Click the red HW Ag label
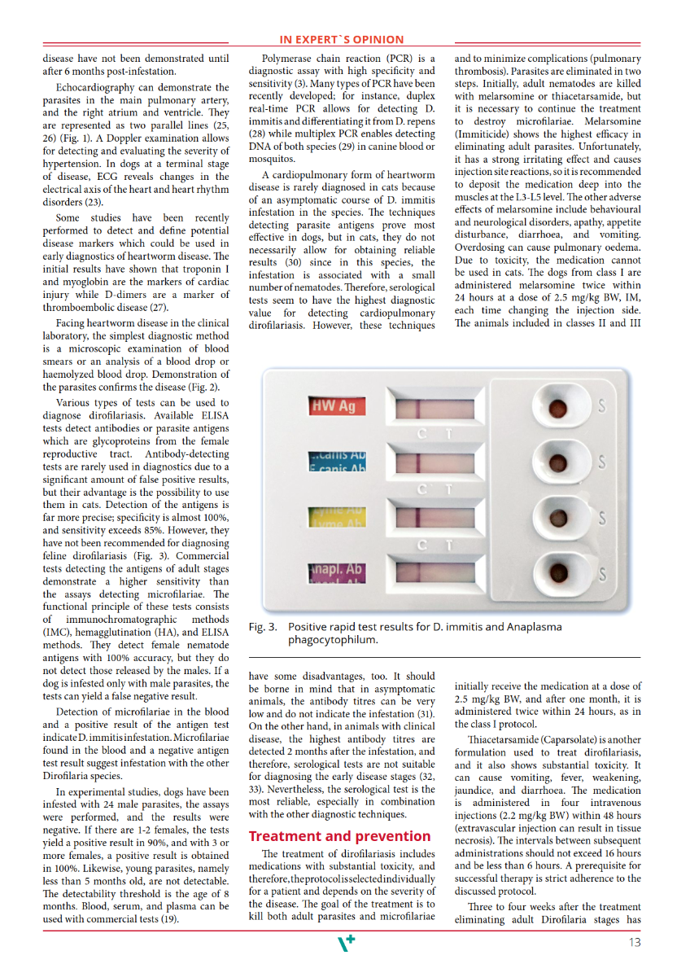[338, 406]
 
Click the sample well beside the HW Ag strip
[557, 406]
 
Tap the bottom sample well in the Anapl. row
[558, 572]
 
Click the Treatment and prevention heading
[339, 836]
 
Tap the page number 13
[635, 943]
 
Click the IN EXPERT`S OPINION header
[342, 39]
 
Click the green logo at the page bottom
[346, 943]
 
